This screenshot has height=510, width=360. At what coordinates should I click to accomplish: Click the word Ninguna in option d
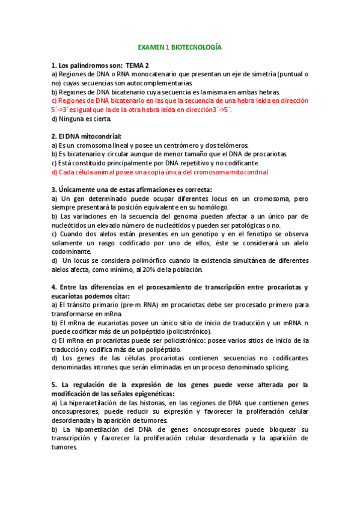72,118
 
